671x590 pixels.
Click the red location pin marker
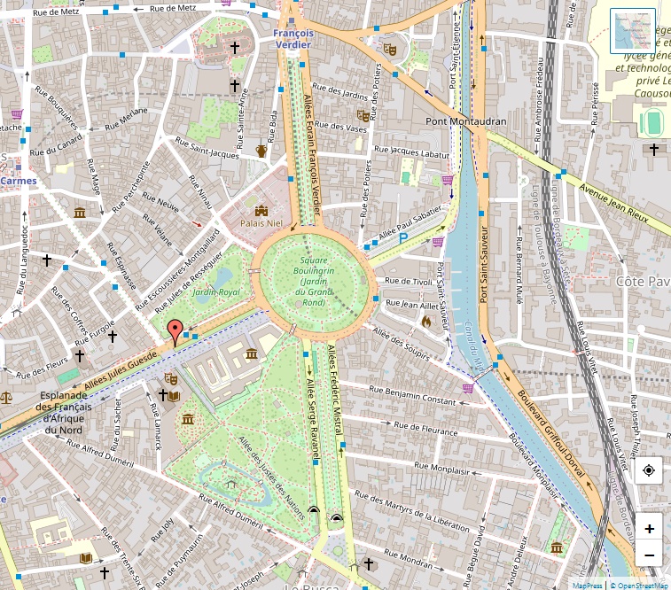pyautogui.click(x=175, y=332)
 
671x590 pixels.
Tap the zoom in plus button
pyautogui.click(x=650, y=529)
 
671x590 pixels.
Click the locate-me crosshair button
pyautogui.click(x=650, y=471)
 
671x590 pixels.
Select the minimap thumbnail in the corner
pyautogui.click(x=632, y=31)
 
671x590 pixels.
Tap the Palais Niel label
pyautogui.click(x=261, y=223)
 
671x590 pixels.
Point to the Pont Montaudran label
pyautogui.click(x=465, y=121)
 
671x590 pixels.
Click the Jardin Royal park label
pyautogui.click(x=217, y=291)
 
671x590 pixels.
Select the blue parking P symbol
pyautogui.click(x=403, y=237)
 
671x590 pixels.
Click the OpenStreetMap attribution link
pyautogui.click(x=643, y=585)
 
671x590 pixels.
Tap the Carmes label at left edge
pyautogui.click(x=19, y=181)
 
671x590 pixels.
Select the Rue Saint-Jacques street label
pyautogui.click(x=207, y=148)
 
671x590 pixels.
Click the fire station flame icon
pyautogui.click(x=426, y=322)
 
